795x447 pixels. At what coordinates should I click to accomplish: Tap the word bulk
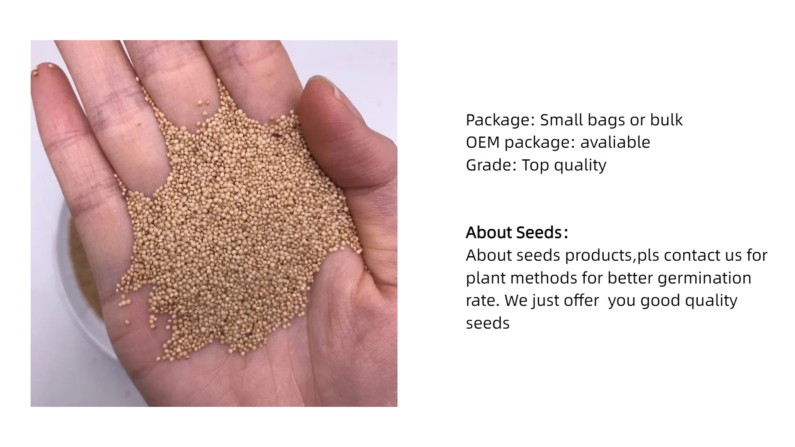[x=666, y=120]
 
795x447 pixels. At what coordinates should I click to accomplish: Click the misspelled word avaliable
[x=615, y=142]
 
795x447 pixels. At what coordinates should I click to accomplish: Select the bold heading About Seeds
[x=517, y=233]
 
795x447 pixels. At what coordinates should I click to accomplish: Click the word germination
[x=704, y=279]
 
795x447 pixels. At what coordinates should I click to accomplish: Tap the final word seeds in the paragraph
[x=487, y=323]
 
